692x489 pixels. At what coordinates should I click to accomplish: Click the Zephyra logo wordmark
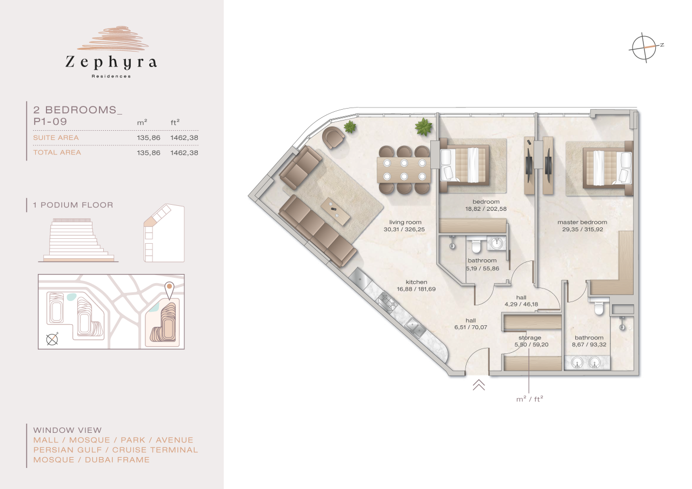pos(111,62)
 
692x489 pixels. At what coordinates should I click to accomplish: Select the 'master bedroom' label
pos(582,222)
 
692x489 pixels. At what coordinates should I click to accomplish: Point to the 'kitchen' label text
pos(416,282)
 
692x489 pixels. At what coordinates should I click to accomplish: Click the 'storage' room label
pos(529,338)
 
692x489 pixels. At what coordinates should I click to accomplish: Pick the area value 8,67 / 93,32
pos(589,344)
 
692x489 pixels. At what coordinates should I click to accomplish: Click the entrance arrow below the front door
pos(479,385)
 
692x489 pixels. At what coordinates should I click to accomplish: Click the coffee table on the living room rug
pos(335,211)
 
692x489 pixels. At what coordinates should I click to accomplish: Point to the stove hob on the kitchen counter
pos(388,299)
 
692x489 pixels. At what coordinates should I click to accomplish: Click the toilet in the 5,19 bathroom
pos(476,246)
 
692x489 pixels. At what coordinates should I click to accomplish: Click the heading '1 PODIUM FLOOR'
pos(73,205)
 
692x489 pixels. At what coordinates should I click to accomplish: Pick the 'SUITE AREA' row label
pos(56,138)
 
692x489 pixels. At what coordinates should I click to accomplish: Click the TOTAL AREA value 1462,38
pos(184,153)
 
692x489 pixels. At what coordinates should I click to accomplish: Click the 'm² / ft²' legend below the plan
pos(529,399)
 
